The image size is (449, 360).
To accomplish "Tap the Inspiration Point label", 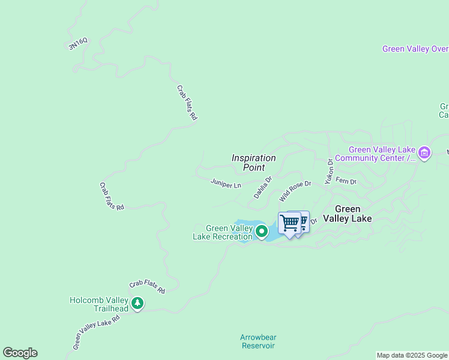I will pos(254,163).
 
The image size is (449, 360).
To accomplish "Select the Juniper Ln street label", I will pos(226,183).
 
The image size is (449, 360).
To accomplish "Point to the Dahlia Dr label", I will pos(262,187).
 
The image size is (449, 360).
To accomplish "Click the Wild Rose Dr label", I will pos(295,191).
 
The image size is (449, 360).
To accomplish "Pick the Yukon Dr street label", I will pos(329,171).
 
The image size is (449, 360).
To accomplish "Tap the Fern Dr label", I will pos(346,181).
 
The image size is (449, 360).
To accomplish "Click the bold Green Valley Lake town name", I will pos(348,214).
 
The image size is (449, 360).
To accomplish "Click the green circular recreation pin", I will pos(262,231).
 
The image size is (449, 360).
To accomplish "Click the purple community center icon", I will pos(424,153).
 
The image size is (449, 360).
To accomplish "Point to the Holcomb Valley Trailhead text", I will pos(99,304).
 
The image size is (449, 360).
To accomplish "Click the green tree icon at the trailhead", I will pos(138,303).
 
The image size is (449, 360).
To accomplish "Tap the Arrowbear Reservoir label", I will pos(258,341).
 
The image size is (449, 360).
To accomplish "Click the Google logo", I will pos(20,353).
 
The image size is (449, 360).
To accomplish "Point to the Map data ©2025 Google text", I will pos(412,355).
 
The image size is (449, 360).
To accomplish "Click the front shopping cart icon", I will pos(290,223).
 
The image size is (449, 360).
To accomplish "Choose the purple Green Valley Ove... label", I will pos(415,49).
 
